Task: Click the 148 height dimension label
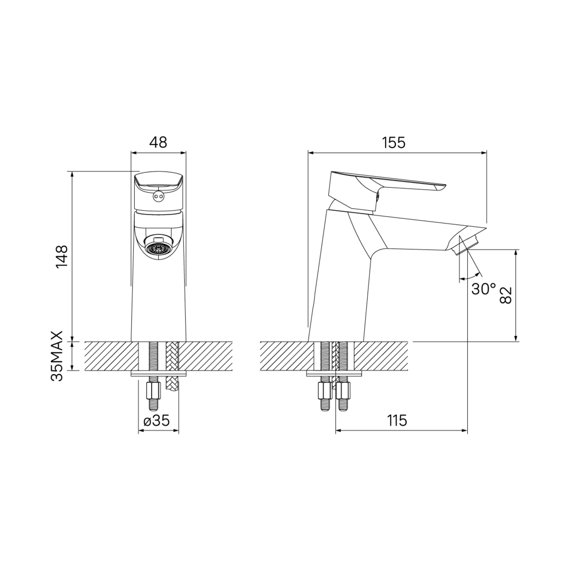point(61,256)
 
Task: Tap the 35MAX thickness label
point(57,356)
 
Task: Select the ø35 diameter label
point(157,420)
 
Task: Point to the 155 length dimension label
point(393,143)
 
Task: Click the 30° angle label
point(483,289)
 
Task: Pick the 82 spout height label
point(505,294)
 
